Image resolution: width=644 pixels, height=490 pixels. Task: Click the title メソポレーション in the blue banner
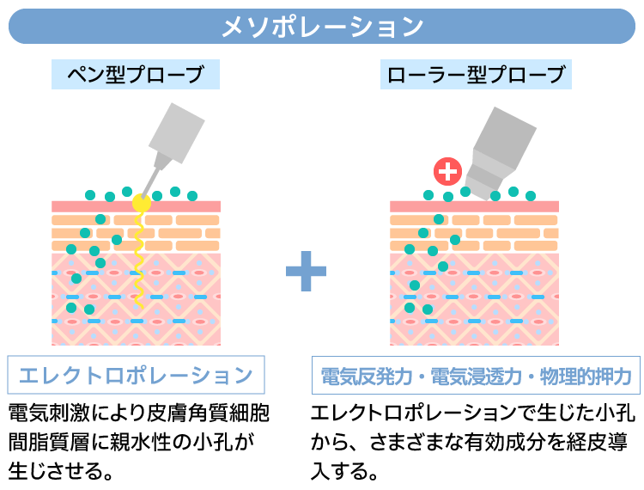(x=322, y=27)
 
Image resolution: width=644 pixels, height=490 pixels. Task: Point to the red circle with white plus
(x=447, y=171)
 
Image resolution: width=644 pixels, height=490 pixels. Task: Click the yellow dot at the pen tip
(x=142, y=204)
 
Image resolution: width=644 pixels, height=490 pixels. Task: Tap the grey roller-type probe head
(x=503, y=146)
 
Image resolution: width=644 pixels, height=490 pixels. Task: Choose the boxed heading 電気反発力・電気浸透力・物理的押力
(x=476, y=376)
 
